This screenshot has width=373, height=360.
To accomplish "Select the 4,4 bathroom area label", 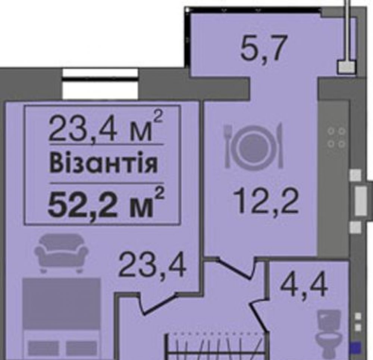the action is [x=304, y=285].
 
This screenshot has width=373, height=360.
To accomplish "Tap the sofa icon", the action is [x=61, y=253].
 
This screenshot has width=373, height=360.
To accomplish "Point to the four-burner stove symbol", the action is [x=336, y=138].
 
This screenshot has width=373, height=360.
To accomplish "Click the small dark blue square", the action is [x=355, y=347].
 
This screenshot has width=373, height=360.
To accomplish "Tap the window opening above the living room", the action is [x=100, y=84].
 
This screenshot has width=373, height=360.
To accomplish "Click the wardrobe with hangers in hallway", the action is [x=216, y=346].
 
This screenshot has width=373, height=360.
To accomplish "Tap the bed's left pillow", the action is [x=43, y=348].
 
